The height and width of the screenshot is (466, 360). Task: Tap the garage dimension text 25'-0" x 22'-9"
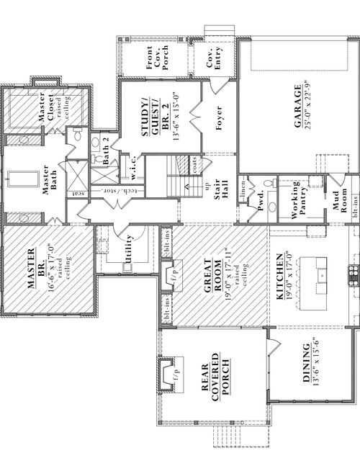coord(307,108)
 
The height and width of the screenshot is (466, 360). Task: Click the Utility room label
coord(130,247)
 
